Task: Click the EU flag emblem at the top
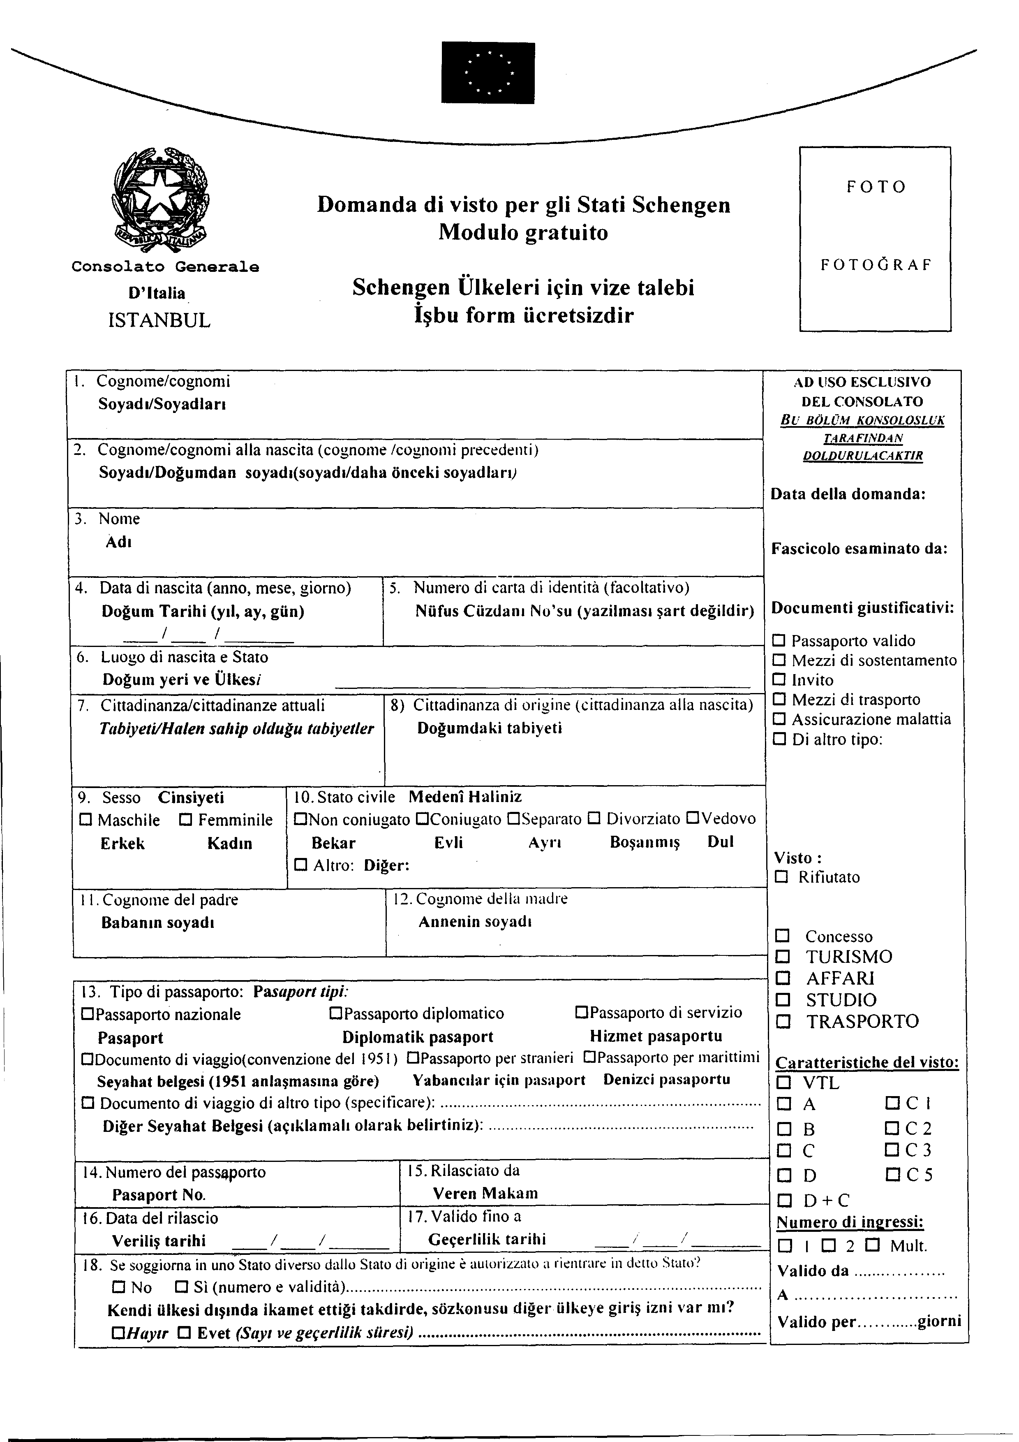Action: click(488, 72)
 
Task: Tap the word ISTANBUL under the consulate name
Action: click(159, 320)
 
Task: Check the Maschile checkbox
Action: click(86, 820)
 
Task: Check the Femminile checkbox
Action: click(186, 820)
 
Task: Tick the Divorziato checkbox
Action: click(594, 819)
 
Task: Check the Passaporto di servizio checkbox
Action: click(581, 1013)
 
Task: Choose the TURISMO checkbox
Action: click(782, 957)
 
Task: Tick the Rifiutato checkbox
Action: click(781, 877)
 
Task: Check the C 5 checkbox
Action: click(892, 1174)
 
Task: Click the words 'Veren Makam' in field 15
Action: click(485, 1193)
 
